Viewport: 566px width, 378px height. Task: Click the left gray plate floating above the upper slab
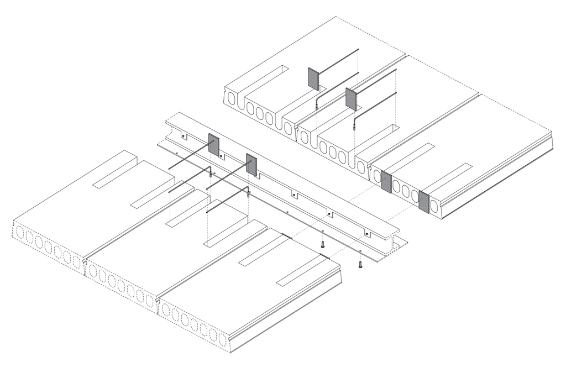(313, 79)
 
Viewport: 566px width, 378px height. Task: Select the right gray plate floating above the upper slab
(351, 98)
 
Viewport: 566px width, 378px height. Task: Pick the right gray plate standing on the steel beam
(251, 165)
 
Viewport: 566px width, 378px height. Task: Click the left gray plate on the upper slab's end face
(386, 183)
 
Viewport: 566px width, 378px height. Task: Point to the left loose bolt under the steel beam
(323, 243)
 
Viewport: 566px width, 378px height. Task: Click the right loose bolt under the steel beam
(360, 265)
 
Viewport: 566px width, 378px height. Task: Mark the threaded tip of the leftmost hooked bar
(211, 175)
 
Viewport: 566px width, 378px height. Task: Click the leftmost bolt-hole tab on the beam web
(185, 136)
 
